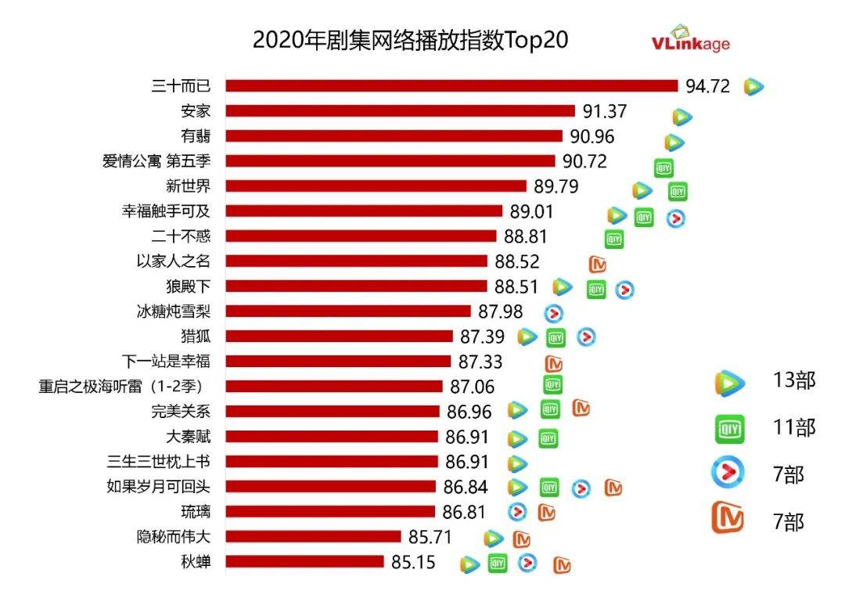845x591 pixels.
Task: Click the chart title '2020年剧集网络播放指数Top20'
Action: point(410,40)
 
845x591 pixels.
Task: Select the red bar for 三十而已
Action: point(451,86)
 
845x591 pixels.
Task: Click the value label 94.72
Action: point(707,86)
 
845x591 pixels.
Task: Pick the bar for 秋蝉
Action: point(305,562)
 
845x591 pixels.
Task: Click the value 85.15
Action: point(412,562)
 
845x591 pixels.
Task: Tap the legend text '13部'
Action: point(794,380)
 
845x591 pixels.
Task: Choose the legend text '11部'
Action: point(794,427)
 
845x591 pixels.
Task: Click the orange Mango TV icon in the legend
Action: point(728,520)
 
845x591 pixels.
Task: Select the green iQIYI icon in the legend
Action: point(728,428)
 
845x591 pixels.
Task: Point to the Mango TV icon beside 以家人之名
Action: point(598,263)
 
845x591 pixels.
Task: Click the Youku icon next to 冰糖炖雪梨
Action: point(554,313)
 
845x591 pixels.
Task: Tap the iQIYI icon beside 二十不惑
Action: point(614,239)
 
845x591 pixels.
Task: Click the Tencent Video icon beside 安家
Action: point(682,117)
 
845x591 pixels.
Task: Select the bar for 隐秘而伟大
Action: point(313,537)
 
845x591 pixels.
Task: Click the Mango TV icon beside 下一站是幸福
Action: point(554,363)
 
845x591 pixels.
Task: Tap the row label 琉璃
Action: point(196,512)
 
